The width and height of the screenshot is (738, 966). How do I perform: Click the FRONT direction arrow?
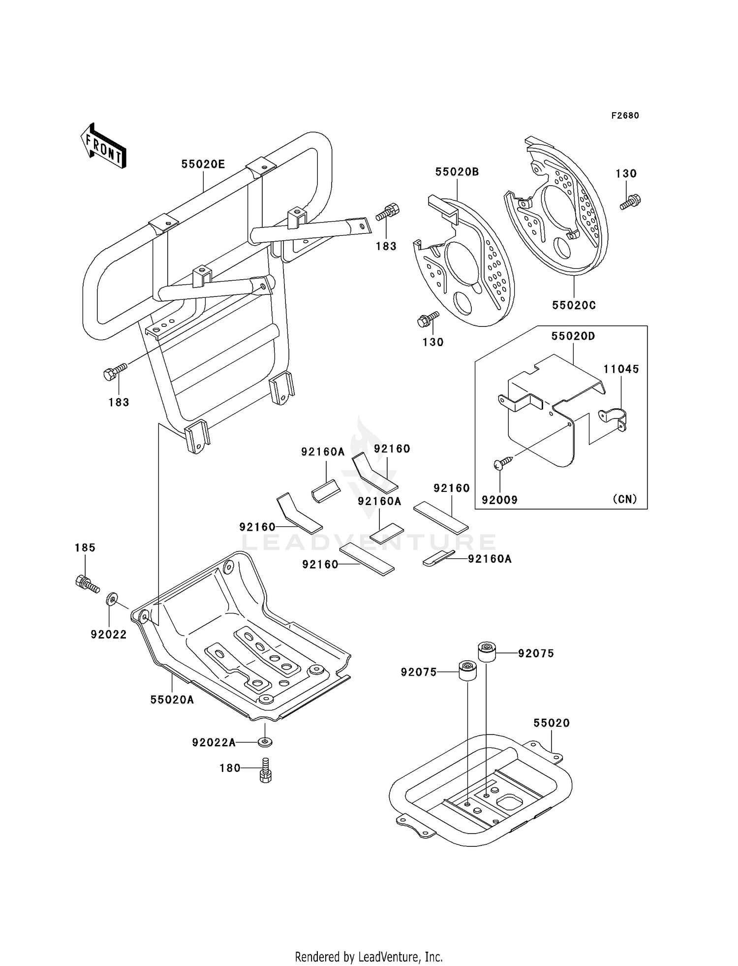point(103,147)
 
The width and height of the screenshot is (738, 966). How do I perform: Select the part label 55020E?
point(203,164)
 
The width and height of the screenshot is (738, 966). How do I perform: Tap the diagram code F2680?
point(625,116)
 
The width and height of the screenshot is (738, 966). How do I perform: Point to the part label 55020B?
point(457,172)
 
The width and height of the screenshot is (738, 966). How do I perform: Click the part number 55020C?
point(574,305)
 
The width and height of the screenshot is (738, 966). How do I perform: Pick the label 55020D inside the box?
point(573,336)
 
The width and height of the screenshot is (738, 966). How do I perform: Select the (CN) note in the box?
point(625,499)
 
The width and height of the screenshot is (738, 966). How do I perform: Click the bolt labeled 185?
point(86,583)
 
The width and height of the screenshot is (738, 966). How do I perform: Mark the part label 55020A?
point(172,700)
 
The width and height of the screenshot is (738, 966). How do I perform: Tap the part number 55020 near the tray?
point(552,723)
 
